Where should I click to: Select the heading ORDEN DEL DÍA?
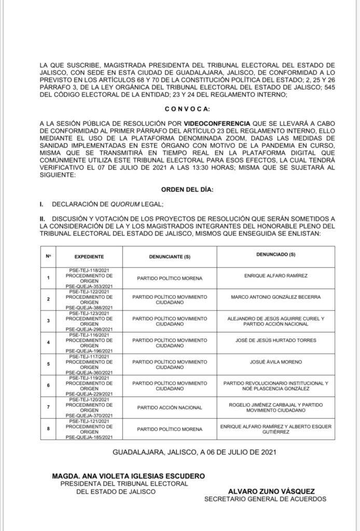click(187, 190)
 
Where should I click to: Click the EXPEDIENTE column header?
click(89, 257)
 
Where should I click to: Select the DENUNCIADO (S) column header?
click(275, 254)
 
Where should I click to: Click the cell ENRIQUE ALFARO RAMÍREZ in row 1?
click(275, 275)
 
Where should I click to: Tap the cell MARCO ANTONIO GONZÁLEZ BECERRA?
click(275, 297)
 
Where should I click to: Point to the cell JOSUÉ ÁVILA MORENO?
click(275, 361)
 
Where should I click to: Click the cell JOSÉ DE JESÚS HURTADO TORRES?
click(275, 340)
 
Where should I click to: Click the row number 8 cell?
click(48, 429)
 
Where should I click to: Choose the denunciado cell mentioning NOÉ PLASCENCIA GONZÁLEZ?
click(275, 386)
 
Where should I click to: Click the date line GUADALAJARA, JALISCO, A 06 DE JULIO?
click(194, 452)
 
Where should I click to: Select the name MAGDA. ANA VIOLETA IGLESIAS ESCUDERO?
click(128, 476)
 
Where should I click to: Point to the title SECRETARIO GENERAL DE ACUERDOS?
click(265, 499)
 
